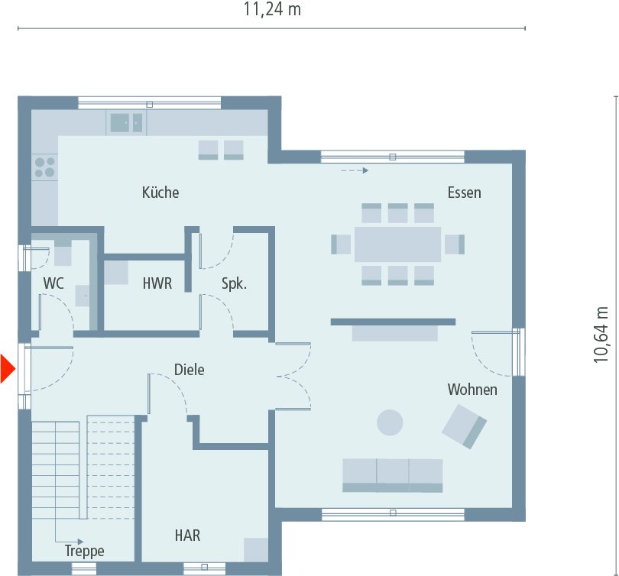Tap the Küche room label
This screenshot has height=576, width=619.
pyautogui.click(x=160, y=193)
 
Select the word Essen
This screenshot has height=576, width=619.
pyautogui.click(x=465, y=193)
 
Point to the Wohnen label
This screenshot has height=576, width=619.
pyautogui.click(x=472, y=390)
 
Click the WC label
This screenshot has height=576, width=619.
pyautogui.click(x=53, y=283)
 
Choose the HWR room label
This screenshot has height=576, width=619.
pyautogui.click(x=157, y=283)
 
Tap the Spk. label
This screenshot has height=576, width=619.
pyautogui.click(x=234, y=283)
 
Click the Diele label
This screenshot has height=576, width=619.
pyautogui.click(x=189, y=370)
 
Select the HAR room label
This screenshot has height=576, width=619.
pyautogui.click(x=187, y=536)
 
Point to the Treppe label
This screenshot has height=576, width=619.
pyautogui.click(x=84, y=551)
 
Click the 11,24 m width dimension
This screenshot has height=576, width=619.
pyautogui.click(x=272, y=10)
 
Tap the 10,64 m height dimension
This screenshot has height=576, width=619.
pyautogui.click(x=603, y=335)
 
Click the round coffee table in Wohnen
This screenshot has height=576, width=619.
pyautogui.click(x=391, y=422)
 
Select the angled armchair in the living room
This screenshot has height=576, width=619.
pyautogui.click(x=464, y=426)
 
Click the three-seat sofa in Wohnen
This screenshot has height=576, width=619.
pyautogui.click(x=393, y=474)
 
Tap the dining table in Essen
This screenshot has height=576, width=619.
pyautogui.click(x=397, y=244)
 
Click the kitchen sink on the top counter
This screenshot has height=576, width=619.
pyautogui.click(x=125, y=122)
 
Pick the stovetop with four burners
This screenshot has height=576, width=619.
pyautogui.click(x=44, y=167)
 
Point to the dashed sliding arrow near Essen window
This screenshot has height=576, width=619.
pyautogui.click(x=354, y=170)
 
